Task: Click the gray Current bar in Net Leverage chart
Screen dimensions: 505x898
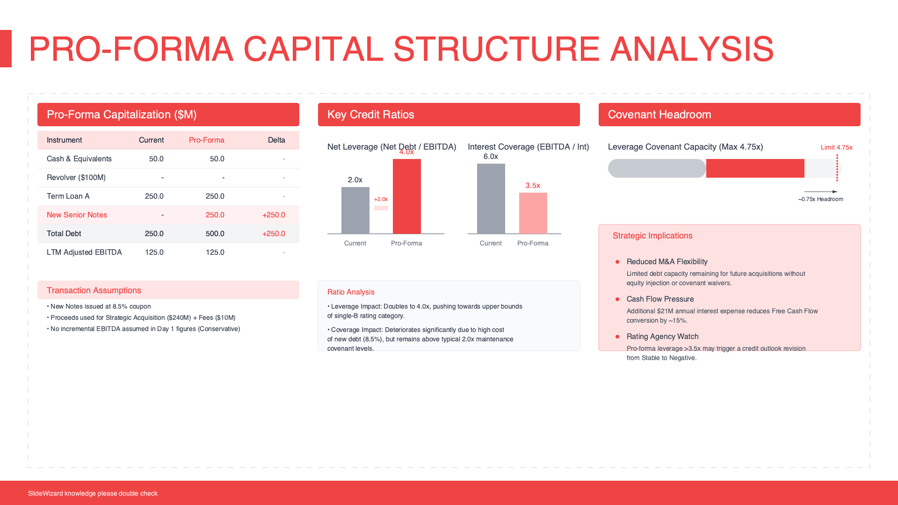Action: (355, 210)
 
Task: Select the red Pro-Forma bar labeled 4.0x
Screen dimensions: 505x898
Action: (406, 196)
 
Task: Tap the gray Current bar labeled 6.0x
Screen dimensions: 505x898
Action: (491, 199)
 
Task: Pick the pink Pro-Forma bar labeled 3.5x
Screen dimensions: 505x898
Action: (533, 213)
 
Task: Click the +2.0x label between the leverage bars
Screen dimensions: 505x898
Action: (381, 199)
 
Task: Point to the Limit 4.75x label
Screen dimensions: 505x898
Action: (836, 147)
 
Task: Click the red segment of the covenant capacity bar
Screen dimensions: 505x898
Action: (755, 168)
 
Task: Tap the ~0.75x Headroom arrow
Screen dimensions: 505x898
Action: (820, 192)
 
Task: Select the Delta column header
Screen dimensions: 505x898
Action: (276, 140)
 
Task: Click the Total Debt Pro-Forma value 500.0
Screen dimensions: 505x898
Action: (215, 234)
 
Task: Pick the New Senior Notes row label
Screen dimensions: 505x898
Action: (77, 215)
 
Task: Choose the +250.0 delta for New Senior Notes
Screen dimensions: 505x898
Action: (274, 215)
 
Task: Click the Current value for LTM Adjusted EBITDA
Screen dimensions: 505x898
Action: (154, 252)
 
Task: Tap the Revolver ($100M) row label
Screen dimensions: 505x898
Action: (76, 178)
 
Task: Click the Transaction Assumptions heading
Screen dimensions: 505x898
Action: (94, 290)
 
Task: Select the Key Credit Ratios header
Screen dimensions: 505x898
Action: (371, 115)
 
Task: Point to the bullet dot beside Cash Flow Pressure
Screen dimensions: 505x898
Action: (617, 299)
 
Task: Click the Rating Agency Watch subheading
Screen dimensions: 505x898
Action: (662, 337)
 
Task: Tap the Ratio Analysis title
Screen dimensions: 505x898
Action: (351, 292)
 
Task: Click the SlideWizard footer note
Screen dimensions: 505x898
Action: (93, 493)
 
